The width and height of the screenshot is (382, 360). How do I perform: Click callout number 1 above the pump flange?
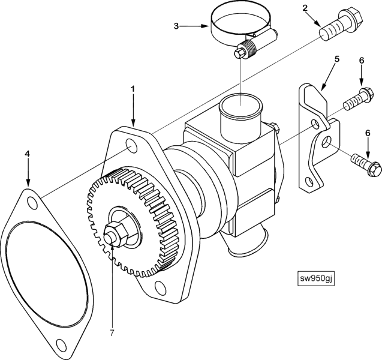(133, 89)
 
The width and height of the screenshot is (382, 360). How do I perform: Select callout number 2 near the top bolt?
(305, 8)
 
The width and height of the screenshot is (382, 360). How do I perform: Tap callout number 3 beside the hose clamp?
(176, 26)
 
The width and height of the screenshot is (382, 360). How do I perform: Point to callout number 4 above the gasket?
(28, 154)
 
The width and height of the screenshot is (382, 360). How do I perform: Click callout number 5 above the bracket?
(336, 59)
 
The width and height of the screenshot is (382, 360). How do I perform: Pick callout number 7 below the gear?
(112, 333)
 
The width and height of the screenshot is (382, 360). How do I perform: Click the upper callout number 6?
(362, 61)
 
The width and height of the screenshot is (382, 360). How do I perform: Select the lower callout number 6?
(368, 133)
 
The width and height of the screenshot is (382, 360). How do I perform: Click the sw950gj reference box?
(315, 278)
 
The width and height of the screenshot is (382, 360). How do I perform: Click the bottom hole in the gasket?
(61, 344)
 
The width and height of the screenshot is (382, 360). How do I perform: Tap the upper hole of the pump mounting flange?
(131, 146)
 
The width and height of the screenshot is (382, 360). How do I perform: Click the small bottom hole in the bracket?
(309, 175)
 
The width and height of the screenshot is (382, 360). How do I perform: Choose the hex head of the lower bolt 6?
(373, 167)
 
